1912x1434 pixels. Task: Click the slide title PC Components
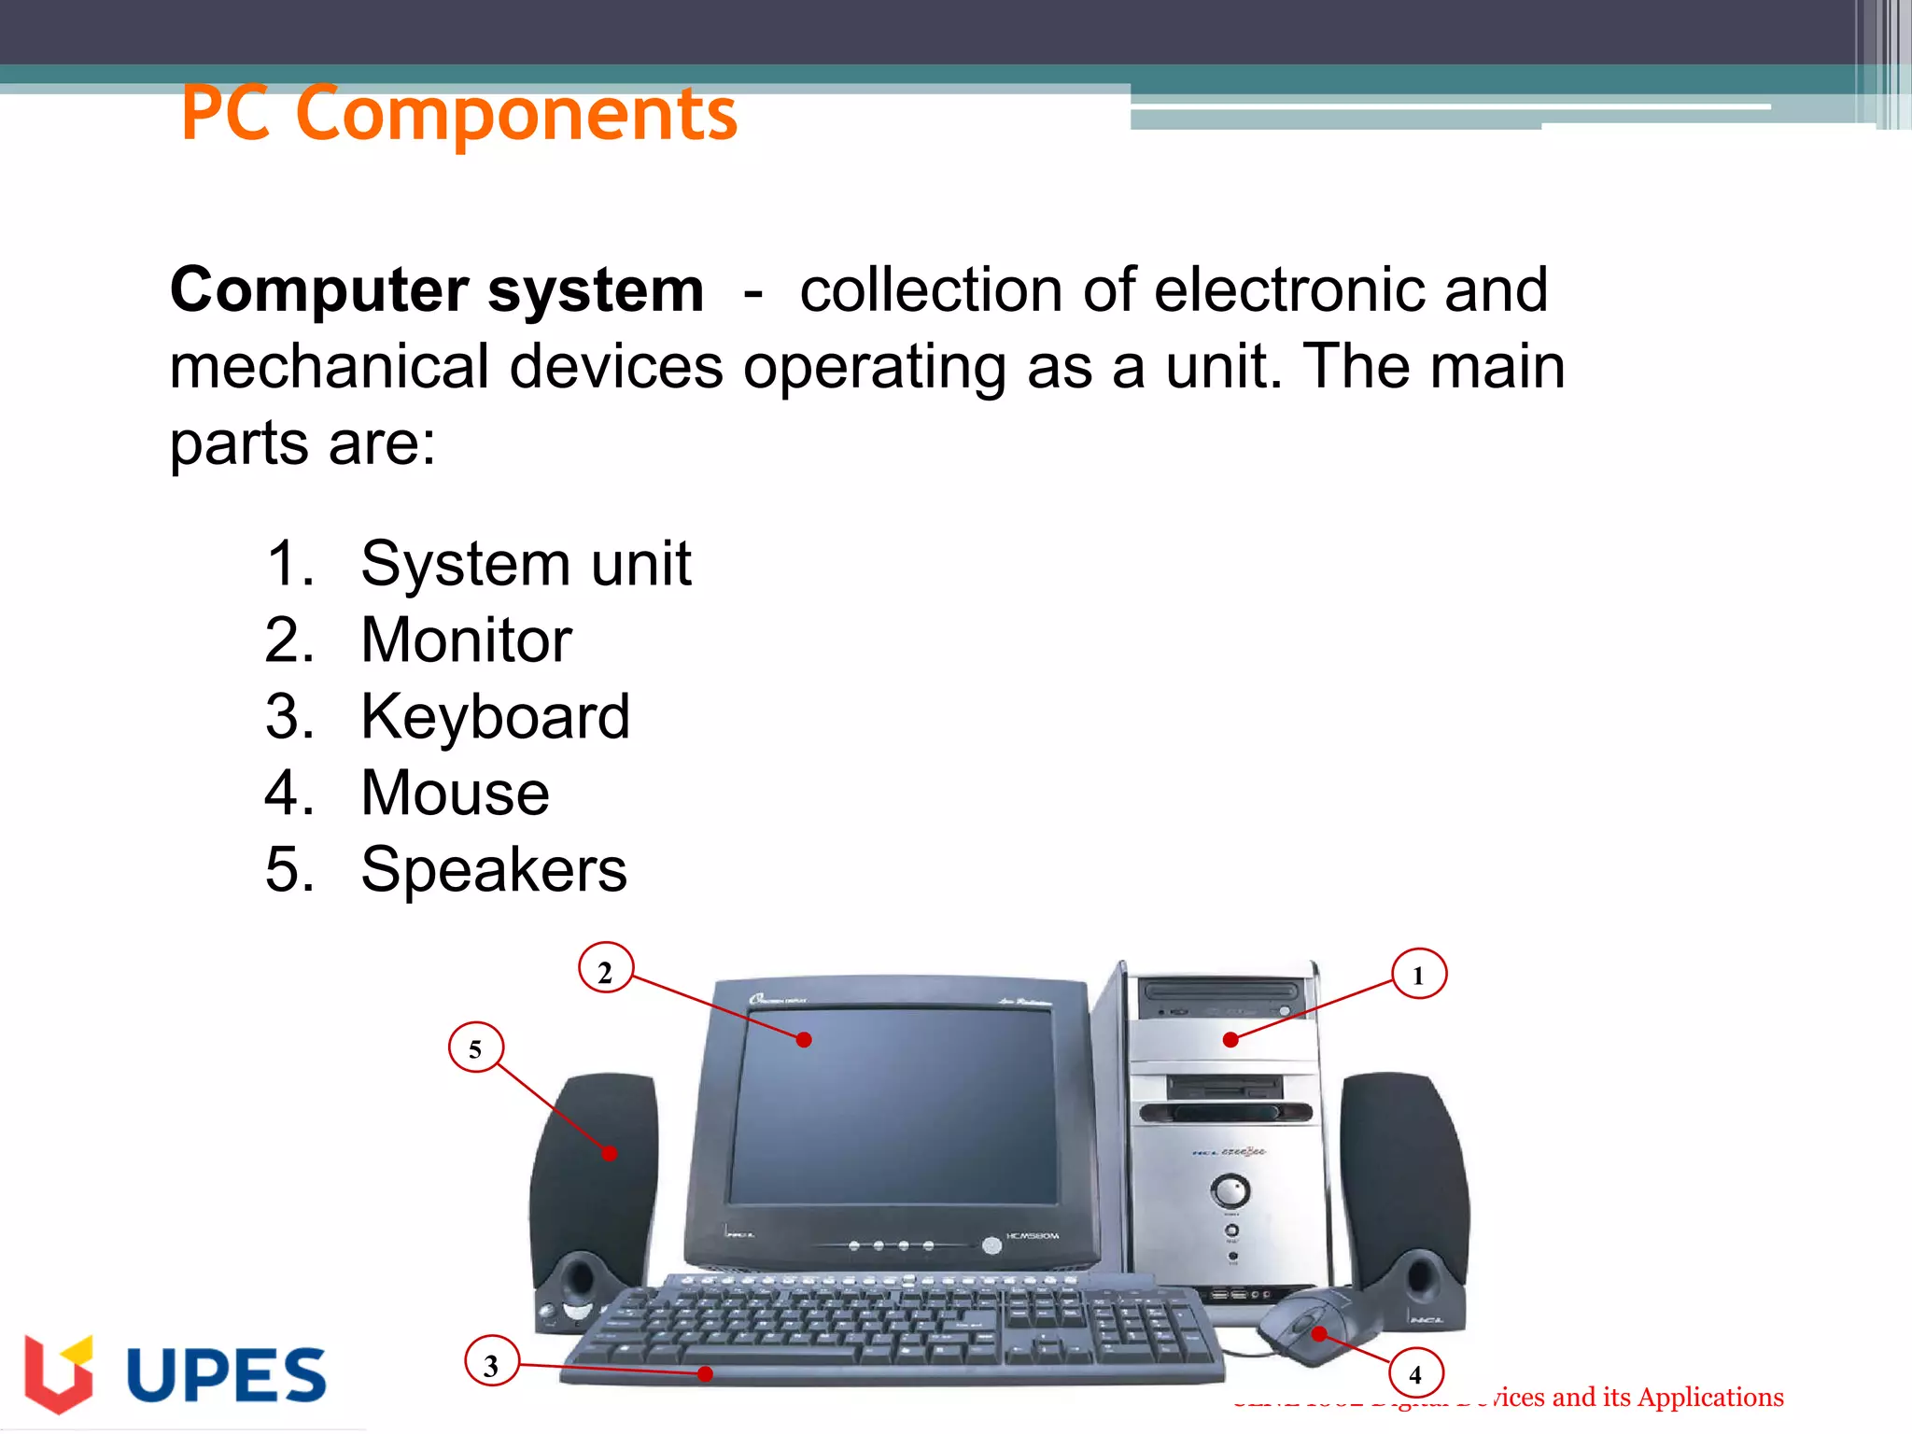click(459, 114)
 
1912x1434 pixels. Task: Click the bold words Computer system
click(436, 289)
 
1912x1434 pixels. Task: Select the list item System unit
click(526, 563)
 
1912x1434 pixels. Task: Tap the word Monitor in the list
click(466, 640)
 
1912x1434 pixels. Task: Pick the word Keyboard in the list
click(495, 717)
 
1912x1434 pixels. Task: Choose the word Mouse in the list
click(455, 794)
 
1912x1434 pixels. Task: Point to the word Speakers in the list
click(494, 870)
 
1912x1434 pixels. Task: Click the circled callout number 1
click(1418, 975)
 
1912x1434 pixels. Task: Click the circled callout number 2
click(605, 972)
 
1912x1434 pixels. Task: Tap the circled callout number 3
click(491, 1366)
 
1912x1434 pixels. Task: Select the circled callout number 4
click(1415, 1374)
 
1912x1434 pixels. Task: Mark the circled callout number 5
click(475, 1048)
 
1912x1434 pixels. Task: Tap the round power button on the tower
click(1230, 1191)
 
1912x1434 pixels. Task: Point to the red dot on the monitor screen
click(804, 1040)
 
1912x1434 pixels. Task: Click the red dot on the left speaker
click(610, 1154)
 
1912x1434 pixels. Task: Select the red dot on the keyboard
click(706, 1373)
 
